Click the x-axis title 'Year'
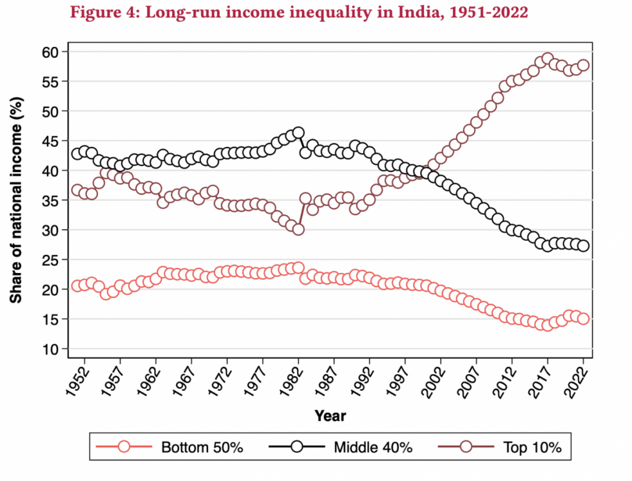330,416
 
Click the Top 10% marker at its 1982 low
298,229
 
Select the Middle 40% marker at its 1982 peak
298,133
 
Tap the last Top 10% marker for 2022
583,65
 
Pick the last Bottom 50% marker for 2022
583,319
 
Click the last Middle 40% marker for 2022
583,246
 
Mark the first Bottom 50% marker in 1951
77,286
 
